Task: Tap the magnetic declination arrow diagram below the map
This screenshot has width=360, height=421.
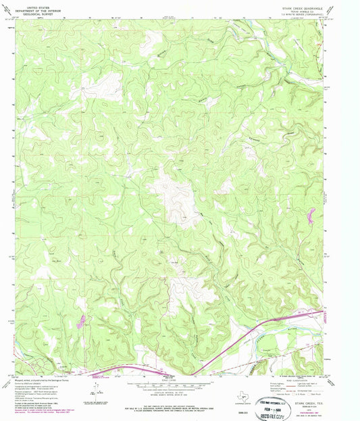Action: point(101,390)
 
